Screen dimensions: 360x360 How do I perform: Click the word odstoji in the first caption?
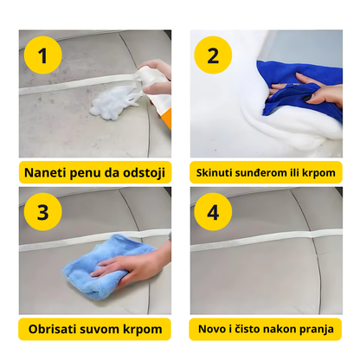[x=142, y=170]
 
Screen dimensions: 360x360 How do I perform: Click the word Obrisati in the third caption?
[x=54, y=330]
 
